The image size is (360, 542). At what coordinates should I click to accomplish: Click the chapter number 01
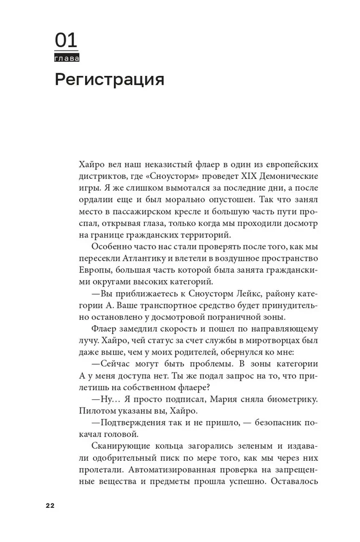pos(66,41)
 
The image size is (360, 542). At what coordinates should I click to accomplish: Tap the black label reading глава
pos(67,57)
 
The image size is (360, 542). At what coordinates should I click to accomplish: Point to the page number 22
pos(50,505)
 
